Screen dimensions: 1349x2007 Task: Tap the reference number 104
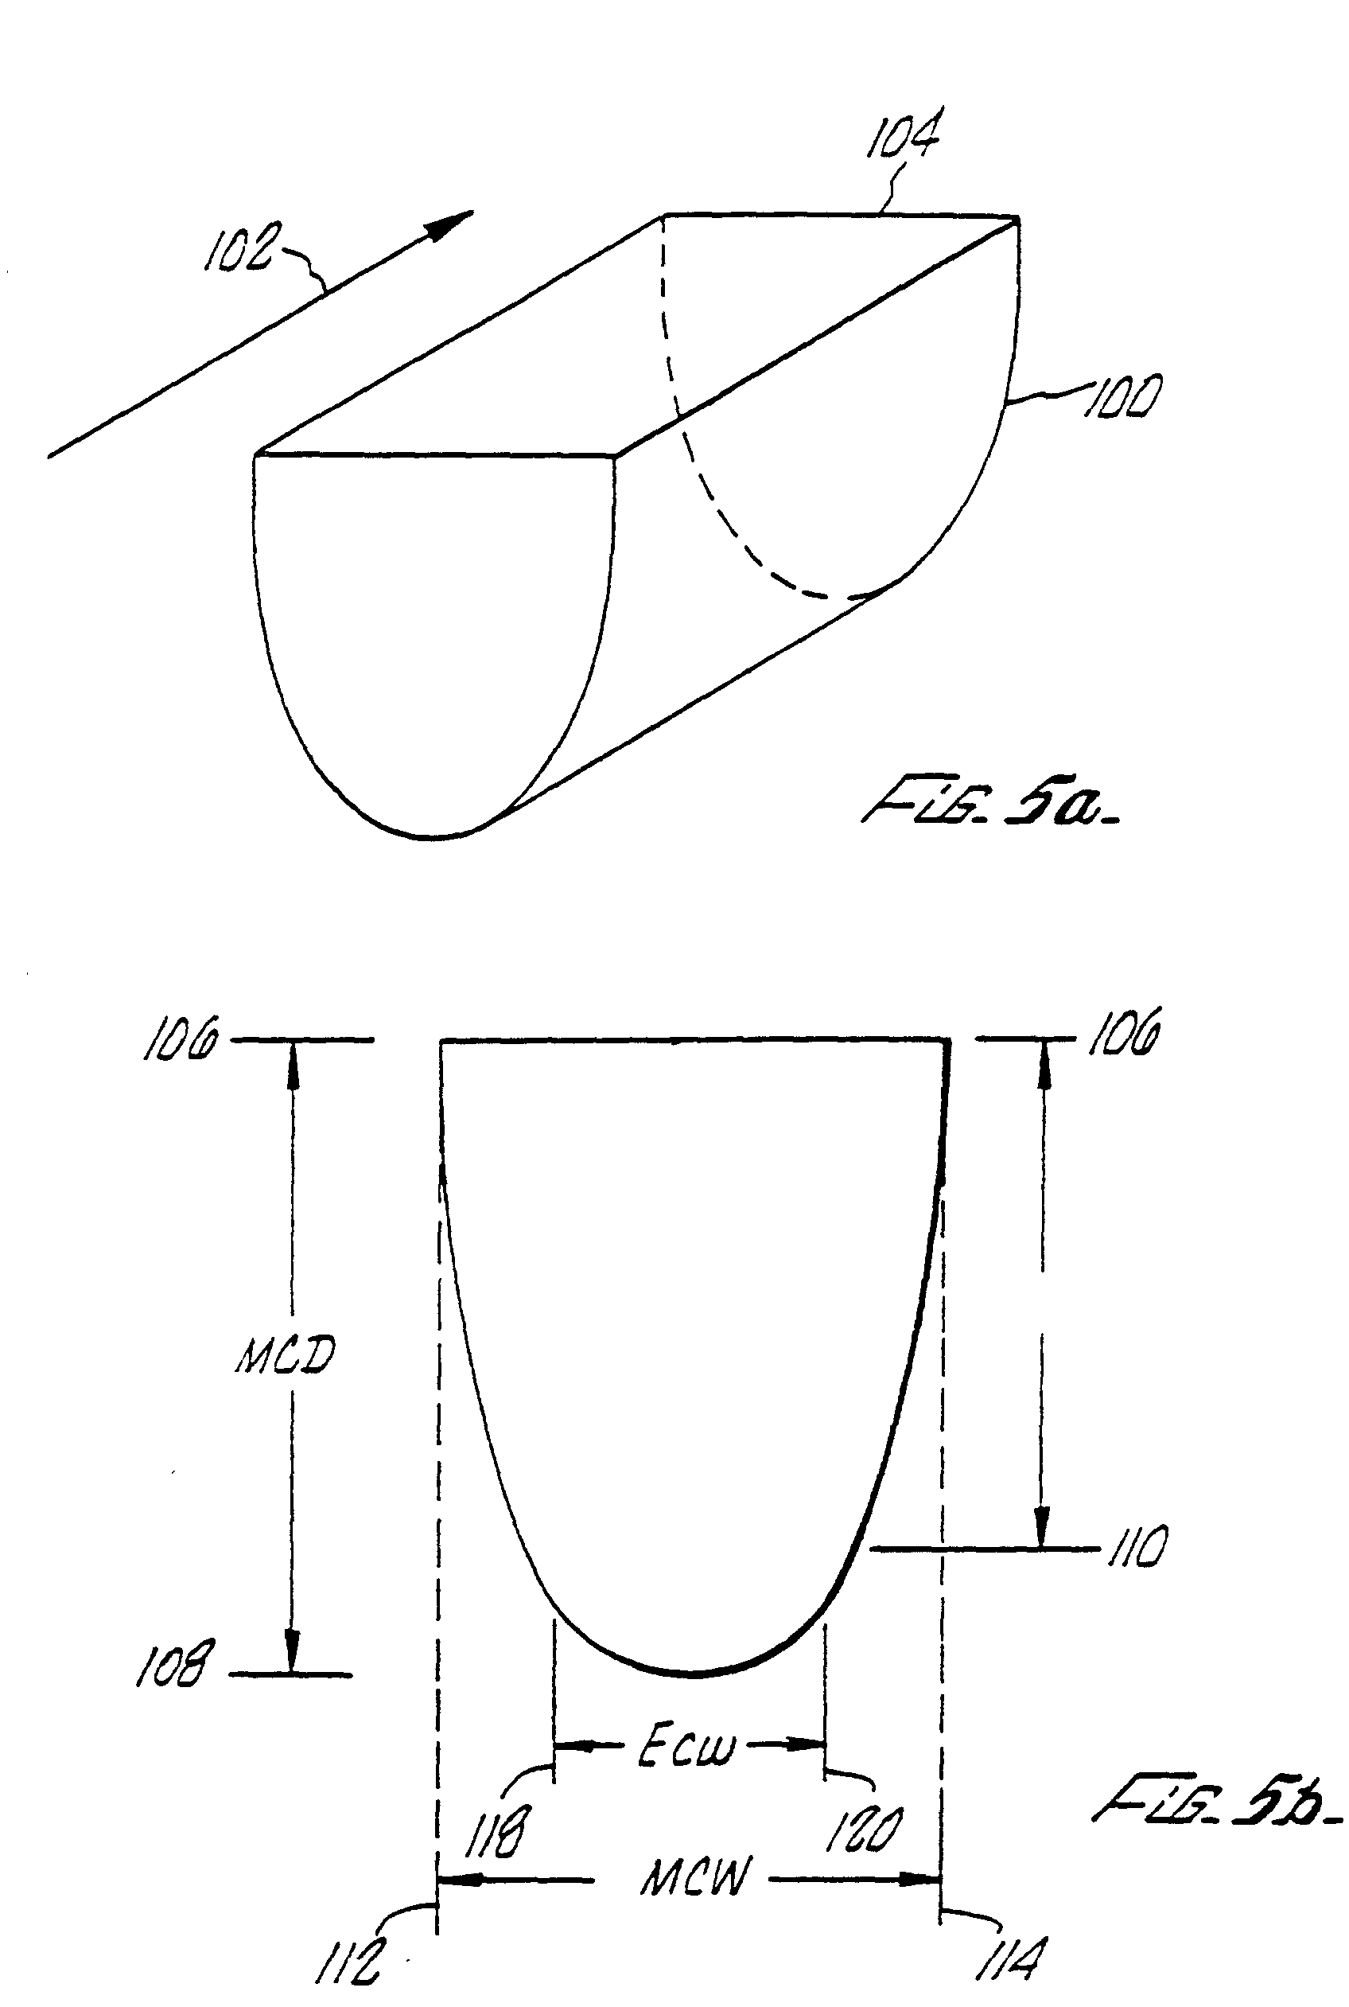(903, 135)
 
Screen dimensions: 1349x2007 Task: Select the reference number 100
(1124, 397)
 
